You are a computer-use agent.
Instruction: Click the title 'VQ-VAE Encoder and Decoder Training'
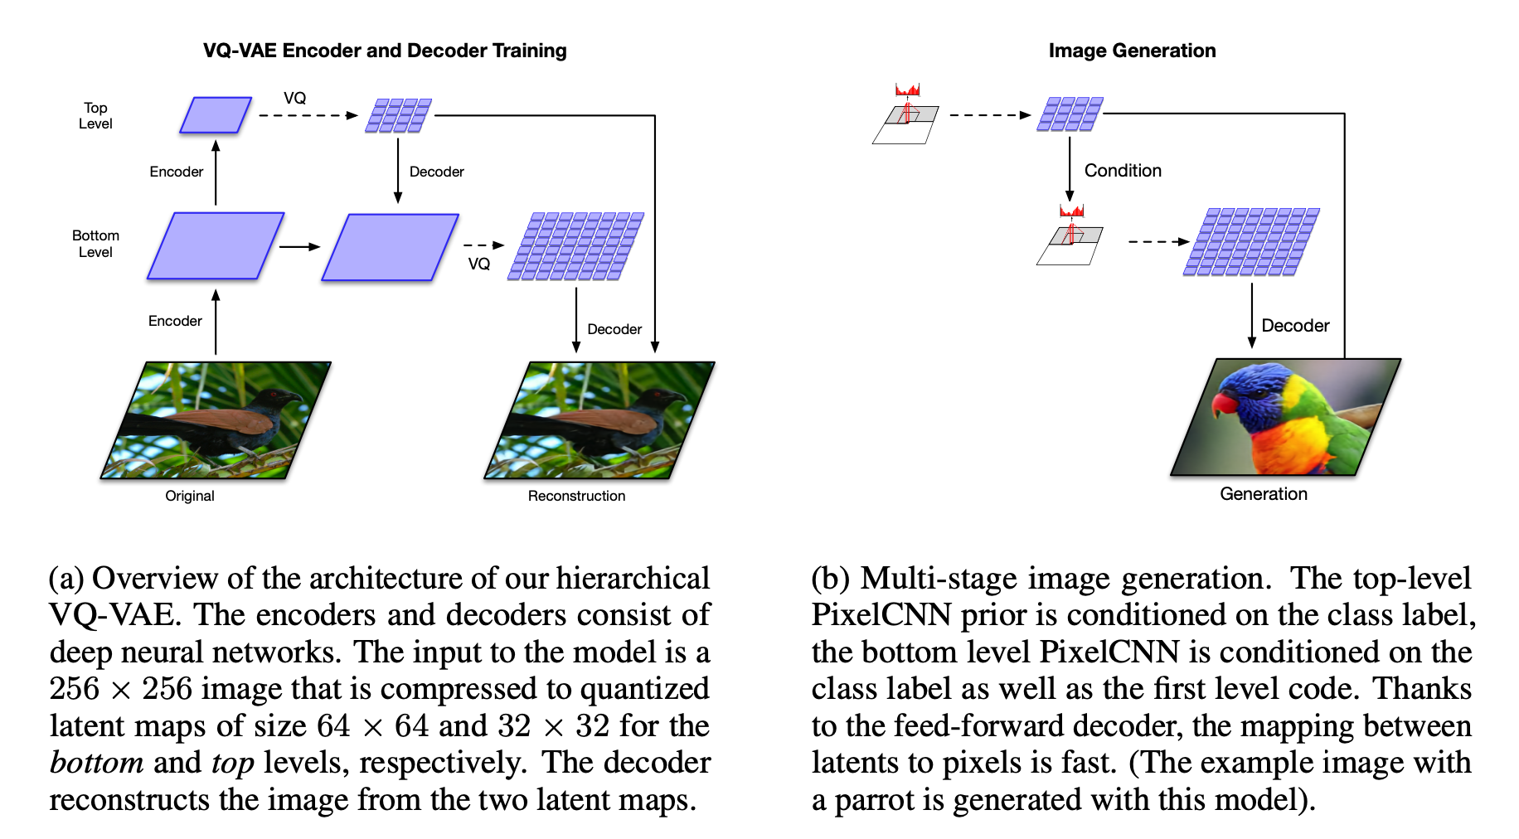tap(385, 51)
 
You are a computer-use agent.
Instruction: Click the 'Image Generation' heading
tap(1132, 51)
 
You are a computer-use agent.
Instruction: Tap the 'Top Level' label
tap(95, 115)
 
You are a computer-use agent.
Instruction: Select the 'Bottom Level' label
tap(95, 244)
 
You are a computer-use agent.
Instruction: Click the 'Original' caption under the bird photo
tap(190, 496)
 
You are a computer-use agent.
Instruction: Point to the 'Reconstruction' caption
tap(576, 496)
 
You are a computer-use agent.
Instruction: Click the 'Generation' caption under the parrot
tap(1263, 494)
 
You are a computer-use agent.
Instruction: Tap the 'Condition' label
tap(1123, 171)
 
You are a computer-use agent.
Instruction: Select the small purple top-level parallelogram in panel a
tap(216, 115)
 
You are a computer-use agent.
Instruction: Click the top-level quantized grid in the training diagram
tap(399, 115)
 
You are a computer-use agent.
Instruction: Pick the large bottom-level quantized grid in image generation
tap(1250, 242)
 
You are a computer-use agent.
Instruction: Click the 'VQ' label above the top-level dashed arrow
tap(294, 98)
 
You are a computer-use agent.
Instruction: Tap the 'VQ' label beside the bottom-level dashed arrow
tap(478, 264)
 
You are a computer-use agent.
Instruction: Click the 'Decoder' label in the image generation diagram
tap(1295, 326)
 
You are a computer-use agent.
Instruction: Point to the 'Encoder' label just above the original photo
tap(175, 321)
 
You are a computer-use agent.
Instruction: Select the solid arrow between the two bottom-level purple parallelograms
tap(299, 246)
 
